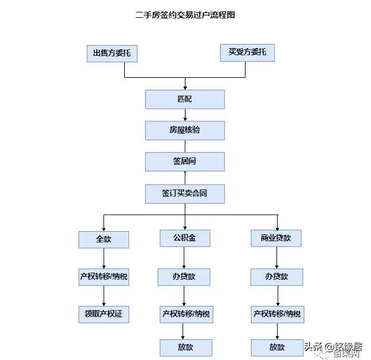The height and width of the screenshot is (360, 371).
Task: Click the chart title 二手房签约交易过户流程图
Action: (x=185, y=15)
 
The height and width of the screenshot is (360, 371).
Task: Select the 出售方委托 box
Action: (x=112, y=53)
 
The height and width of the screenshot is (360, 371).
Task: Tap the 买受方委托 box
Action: (x=247, y=52)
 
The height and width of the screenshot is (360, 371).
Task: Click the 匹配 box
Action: (x=185, y=99)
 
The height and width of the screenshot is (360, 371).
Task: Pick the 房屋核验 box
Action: (x=185, y=130)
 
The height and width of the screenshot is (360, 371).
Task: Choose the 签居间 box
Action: (x=185, y=162)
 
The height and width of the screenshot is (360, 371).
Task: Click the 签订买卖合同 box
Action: (x=185, y=193)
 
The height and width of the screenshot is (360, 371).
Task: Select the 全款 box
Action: (x=104, y=239)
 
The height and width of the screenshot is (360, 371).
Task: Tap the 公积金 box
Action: (x=185, y=238)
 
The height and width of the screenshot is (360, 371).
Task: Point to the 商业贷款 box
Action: (x=276, y=238)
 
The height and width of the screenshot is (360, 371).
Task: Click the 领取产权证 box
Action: (x=104, y=314)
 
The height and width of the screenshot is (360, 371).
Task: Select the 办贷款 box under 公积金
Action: (x=184, y=277)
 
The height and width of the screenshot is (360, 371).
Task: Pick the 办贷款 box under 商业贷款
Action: (x=276, y=277)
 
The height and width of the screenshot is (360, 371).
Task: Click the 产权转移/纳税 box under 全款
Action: (x=104, y=277)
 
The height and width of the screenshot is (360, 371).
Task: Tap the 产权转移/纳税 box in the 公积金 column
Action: (x=185, y=314)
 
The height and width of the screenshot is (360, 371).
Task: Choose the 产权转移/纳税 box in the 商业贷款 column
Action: (x=277, y=314)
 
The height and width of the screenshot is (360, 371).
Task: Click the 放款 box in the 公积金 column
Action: (x=185, y=348)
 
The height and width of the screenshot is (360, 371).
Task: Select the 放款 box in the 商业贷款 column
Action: (x=276, y=348)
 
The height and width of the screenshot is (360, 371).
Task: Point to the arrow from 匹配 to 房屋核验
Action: (x=185, y=115)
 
